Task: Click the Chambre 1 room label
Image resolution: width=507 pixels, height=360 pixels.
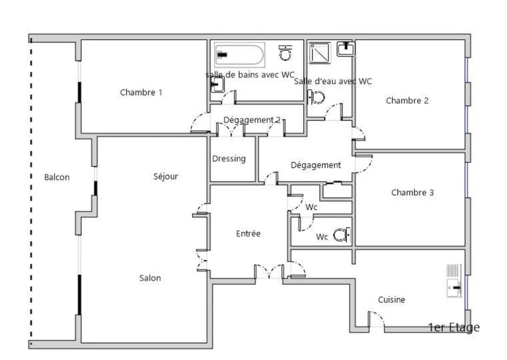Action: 141,93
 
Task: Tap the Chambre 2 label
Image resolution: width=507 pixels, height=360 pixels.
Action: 407,101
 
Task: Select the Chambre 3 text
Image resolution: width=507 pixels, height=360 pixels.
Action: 413,193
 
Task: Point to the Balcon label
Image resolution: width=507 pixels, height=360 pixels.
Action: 57,177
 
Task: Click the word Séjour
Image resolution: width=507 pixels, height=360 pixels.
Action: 165,176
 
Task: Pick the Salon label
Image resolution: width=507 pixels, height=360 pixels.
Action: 150,278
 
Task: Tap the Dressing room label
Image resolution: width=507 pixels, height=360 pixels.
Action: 229,159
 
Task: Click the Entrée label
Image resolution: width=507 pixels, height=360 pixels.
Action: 248,233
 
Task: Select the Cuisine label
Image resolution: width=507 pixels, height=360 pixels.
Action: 392,300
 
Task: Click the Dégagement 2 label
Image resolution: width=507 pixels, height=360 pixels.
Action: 252,120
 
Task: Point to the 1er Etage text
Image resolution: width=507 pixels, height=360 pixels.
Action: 454,328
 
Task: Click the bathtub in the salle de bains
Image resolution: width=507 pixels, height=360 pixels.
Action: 240,55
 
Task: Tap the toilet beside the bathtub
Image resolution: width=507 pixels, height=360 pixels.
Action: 285,53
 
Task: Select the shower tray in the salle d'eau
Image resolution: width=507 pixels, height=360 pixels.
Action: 320,53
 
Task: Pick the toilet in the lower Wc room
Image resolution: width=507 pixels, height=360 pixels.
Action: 342,235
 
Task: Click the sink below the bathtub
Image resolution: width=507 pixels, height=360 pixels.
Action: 217,85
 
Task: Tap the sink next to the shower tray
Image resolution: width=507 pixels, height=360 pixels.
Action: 345,49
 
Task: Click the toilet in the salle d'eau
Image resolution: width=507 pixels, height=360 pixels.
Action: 316,97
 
